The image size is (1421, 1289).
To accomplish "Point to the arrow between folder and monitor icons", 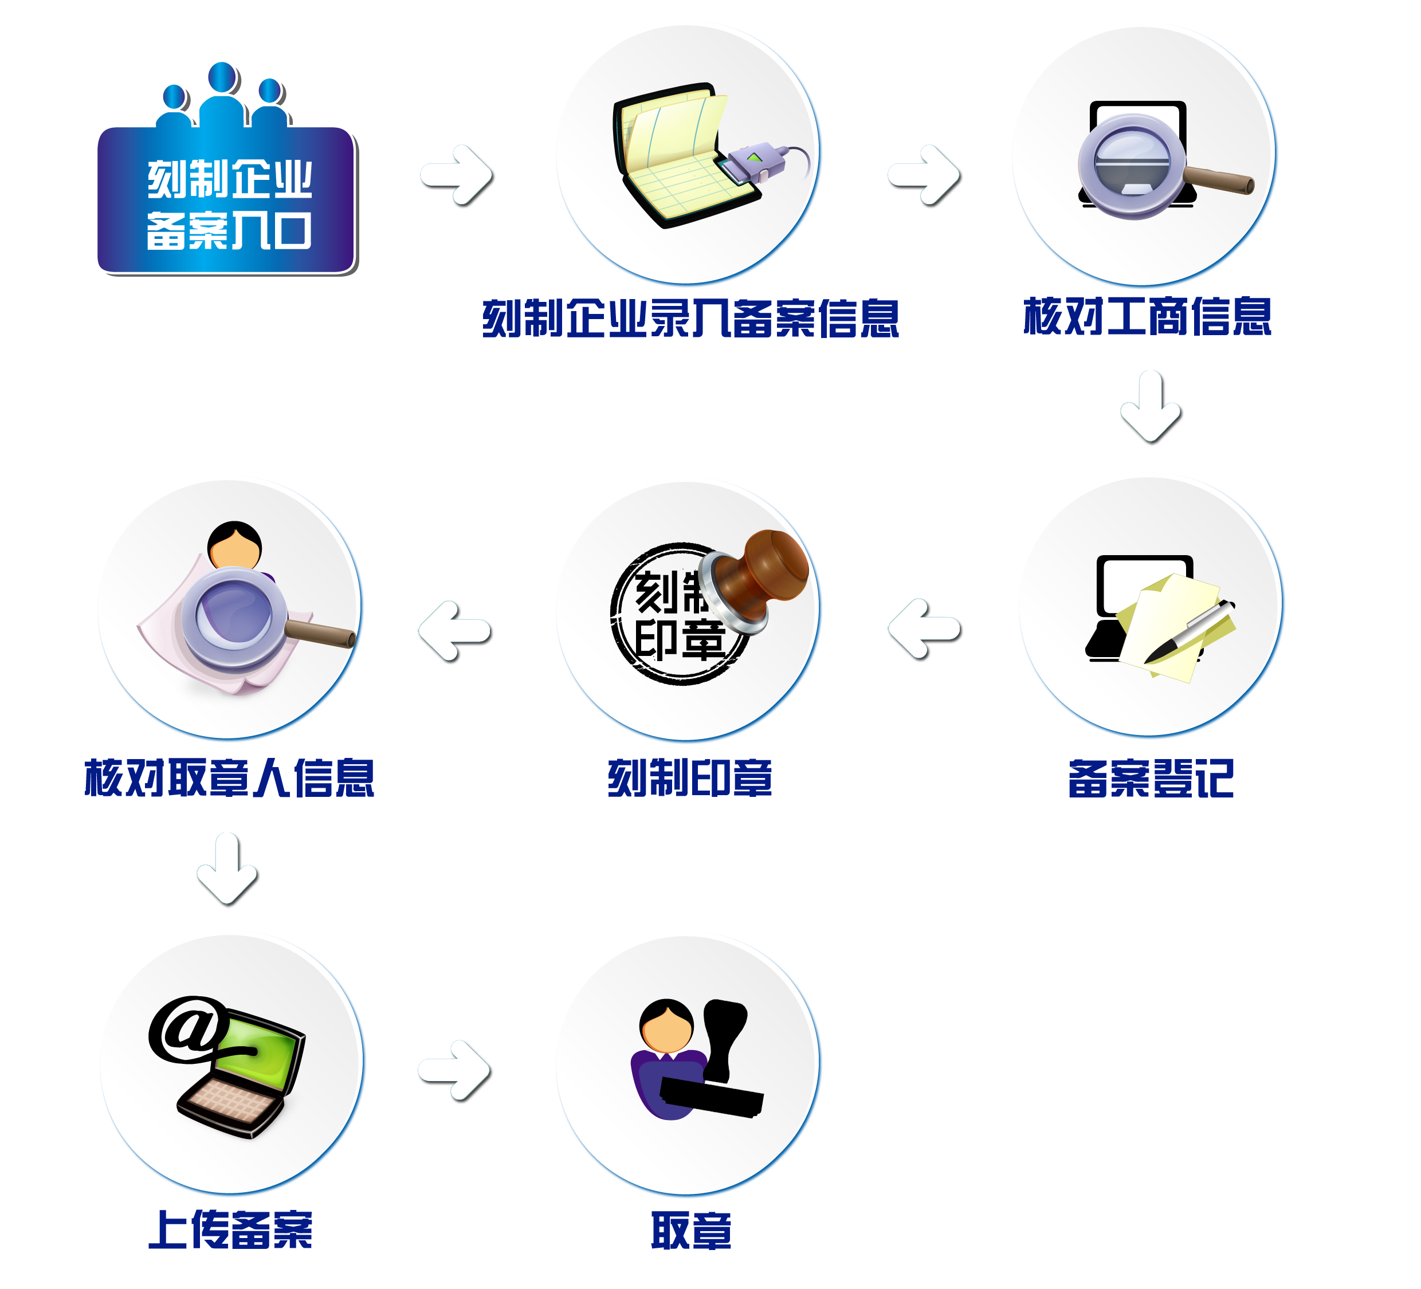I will coord(924,176).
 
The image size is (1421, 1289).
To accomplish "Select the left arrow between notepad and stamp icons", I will coord(924,630).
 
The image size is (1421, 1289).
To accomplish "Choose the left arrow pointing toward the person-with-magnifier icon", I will coord(454,632).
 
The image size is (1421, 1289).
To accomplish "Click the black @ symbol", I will coord(186,1029).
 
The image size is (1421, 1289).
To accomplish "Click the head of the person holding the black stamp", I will coord(666,1025).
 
